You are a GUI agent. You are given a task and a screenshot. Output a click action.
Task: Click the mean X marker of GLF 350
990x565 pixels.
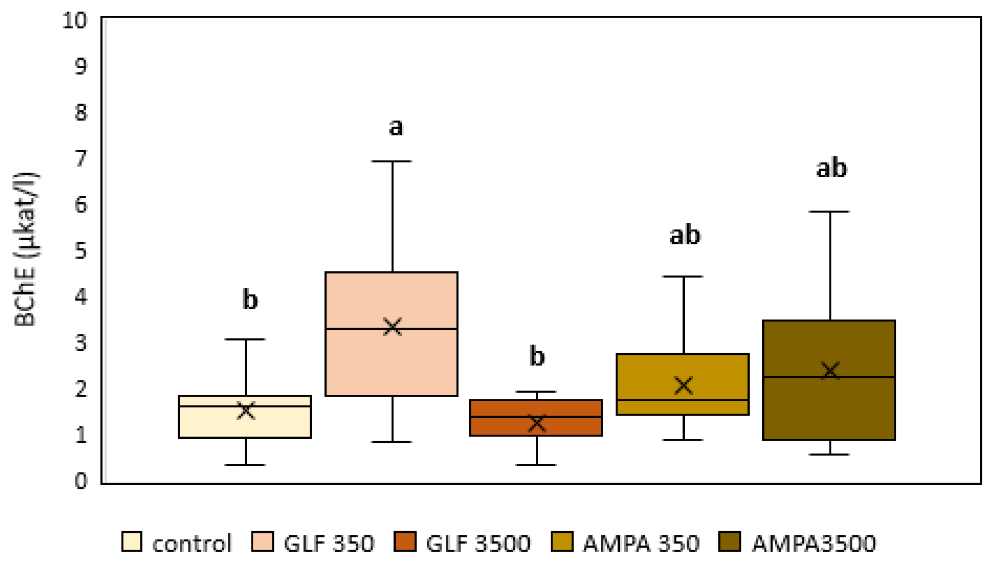pos(392,327)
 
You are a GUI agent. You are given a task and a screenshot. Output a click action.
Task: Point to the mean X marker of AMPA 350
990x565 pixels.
pos(683,385)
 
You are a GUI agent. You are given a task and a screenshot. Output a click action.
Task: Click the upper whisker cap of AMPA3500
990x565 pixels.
pos(829,212)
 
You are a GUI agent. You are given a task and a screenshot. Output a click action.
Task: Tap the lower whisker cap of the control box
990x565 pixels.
pos(245,464)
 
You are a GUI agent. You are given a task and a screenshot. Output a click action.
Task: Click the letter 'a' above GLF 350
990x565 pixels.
pos(396,127)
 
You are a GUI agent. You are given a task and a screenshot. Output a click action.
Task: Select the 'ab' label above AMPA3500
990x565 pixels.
pos(831,168)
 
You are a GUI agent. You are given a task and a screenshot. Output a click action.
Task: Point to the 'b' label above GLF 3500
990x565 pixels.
pos(537,356)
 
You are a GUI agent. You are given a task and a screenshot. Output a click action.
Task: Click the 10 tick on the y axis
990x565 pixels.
pos(75,21)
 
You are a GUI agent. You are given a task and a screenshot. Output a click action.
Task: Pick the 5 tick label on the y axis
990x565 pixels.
pos(81,251)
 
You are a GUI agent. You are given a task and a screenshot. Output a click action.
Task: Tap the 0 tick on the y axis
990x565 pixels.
pos(81,482)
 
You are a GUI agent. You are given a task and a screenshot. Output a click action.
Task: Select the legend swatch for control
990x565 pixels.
pos(131,542)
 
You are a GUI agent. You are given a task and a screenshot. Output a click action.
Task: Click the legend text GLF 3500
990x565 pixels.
pos(478,544)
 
